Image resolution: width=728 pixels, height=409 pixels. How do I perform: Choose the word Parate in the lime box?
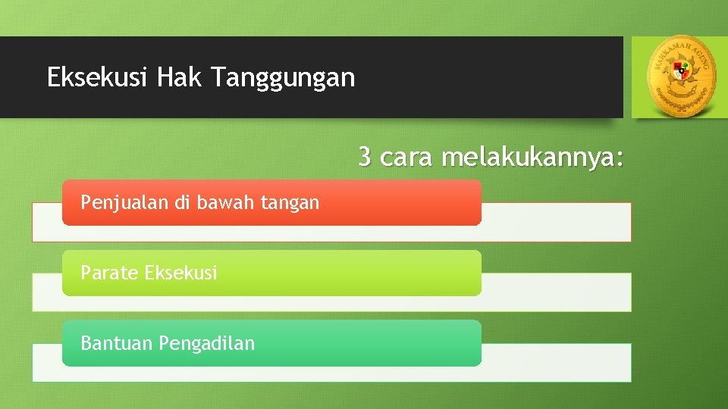109,273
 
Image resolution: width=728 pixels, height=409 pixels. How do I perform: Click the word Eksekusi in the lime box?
180,273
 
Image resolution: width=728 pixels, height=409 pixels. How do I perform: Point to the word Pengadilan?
207,344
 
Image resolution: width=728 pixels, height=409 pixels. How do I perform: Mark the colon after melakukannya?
620,159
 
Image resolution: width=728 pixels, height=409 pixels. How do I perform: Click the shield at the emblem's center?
680,73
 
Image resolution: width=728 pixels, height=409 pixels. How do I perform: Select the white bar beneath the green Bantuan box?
557,364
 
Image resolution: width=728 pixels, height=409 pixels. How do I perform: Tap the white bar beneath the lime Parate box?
557,293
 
